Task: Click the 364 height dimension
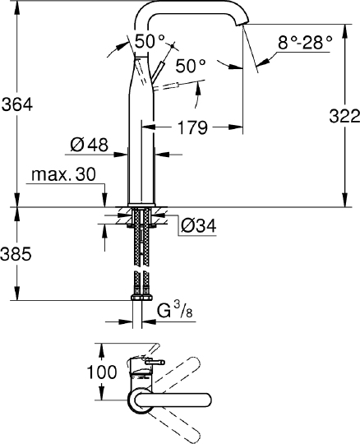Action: [x=16, y=104]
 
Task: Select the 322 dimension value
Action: [x=342, y=115]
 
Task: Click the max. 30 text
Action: [x=62, y=175]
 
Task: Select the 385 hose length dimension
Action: [x=16, y=254]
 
